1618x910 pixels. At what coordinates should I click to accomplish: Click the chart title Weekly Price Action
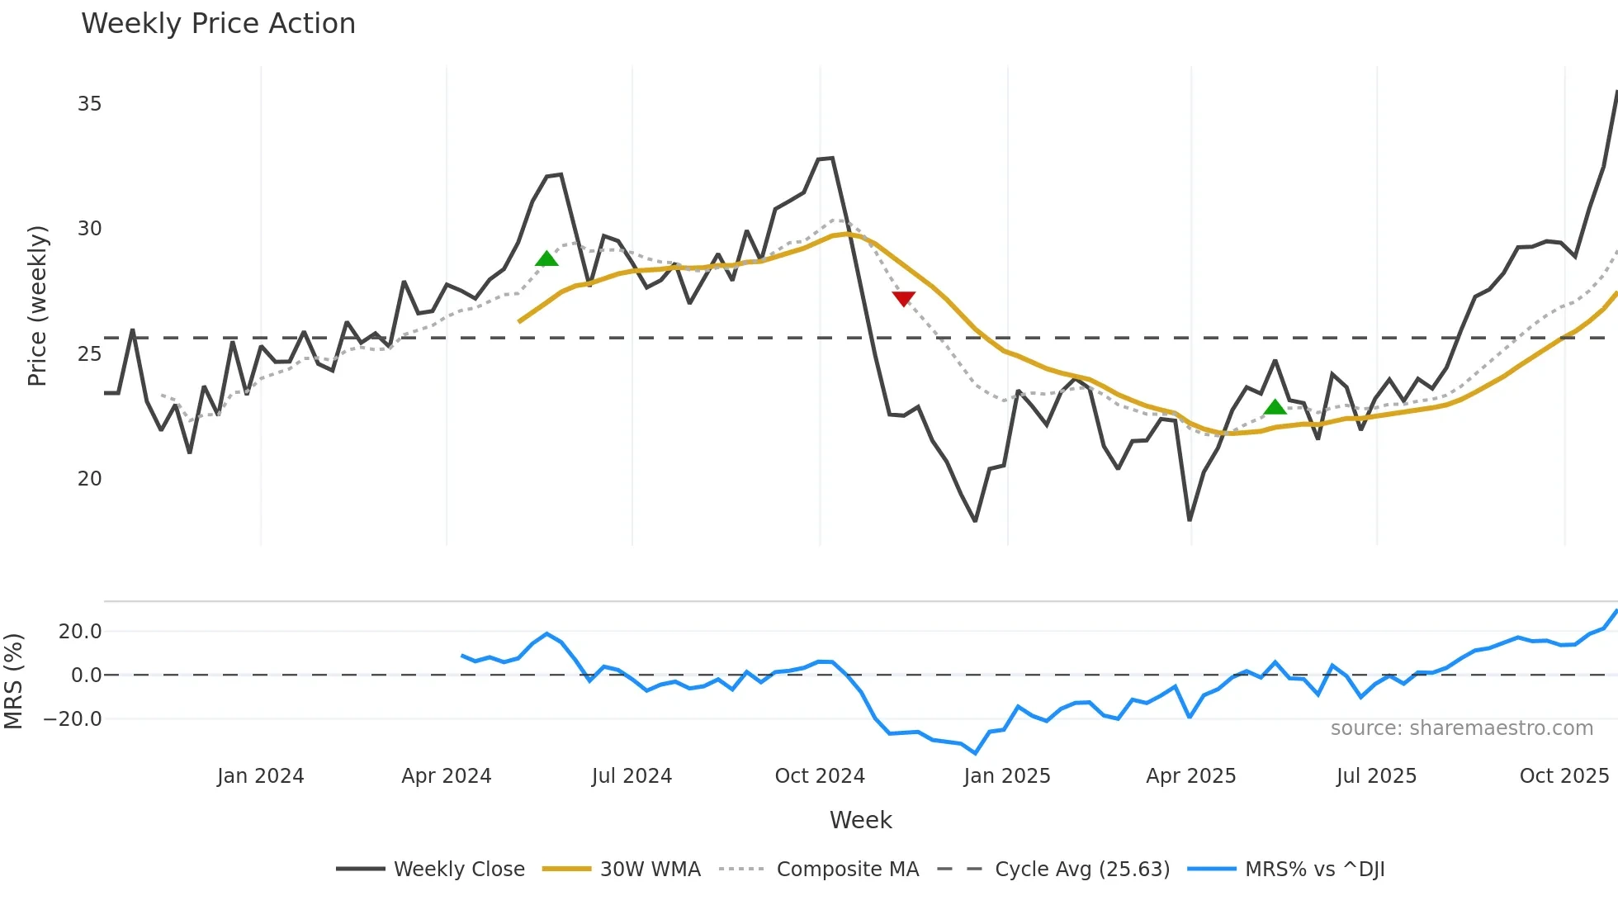tap(218, 24)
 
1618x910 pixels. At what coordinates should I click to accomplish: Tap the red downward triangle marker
tap(904, 298)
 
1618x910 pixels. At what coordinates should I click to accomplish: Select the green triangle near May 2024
tap(546, 259)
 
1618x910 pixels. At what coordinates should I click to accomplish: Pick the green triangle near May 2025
tap(1275, 406)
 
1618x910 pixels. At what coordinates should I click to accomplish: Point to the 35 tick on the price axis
tap(89, 104)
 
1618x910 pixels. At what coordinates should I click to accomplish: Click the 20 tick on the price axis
tap(89, 479)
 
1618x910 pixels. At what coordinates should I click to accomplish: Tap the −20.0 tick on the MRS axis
tap(73, 719)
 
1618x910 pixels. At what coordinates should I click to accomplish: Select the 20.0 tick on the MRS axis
tap(80, 632)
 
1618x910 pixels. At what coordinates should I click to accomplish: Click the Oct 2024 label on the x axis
tap(820, 776)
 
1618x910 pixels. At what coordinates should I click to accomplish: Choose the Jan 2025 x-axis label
tap(1007, 776)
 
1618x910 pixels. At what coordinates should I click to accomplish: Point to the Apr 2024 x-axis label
tap(447, 776)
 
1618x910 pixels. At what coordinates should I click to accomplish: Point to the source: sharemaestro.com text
tap(1462, 728)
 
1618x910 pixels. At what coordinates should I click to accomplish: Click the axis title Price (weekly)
tap(37, 306)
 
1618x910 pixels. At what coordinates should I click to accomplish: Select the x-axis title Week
tap(860, 820)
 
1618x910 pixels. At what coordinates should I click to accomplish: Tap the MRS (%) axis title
tap(14, 681)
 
